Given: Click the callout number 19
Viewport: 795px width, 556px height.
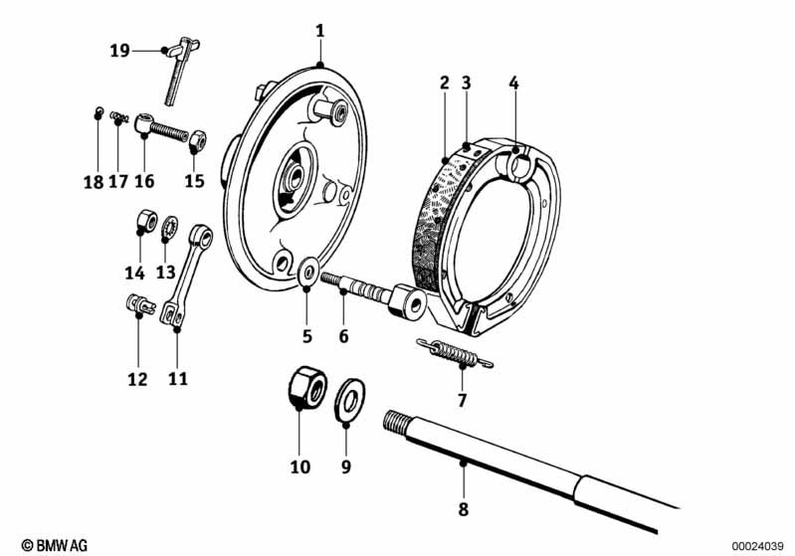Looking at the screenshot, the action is tap(119, 51).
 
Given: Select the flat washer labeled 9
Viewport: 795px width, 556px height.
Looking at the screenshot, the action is tap(349, 400).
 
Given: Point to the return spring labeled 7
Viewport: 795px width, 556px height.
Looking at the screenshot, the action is tap(455, 353).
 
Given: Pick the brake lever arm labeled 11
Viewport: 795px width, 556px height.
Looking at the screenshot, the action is tap(187, 277).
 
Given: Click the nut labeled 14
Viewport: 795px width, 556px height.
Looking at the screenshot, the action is tap(146, 221).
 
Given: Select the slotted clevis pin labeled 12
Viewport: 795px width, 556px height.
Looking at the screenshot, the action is tap(138, 304).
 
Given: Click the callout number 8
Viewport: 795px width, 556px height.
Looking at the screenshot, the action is tap(464, 509).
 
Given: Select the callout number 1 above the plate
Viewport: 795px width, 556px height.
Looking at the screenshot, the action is tap(319, 32).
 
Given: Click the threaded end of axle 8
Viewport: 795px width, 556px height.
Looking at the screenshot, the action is tap(396, 422).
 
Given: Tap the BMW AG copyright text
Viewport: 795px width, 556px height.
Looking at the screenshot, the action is tap(55, 545).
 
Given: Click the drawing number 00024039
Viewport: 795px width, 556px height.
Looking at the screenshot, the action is tap(757, 546).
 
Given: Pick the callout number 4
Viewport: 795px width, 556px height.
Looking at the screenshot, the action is tap(514, 84).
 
